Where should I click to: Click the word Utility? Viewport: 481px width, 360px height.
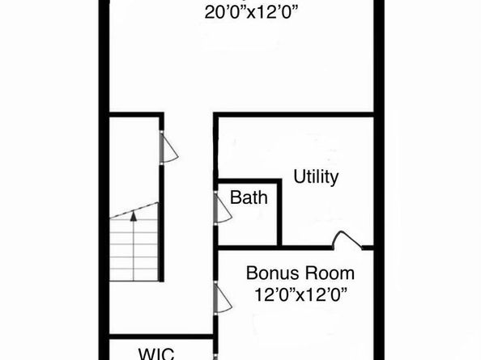tap(316, 176)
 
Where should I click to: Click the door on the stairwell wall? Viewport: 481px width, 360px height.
tap(168, 147)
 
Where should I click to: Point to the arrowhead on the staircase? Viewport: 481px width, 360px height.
tap(133, 215)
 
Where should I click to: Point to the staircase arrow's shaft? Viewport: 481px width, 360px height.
tap(133, 231)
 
